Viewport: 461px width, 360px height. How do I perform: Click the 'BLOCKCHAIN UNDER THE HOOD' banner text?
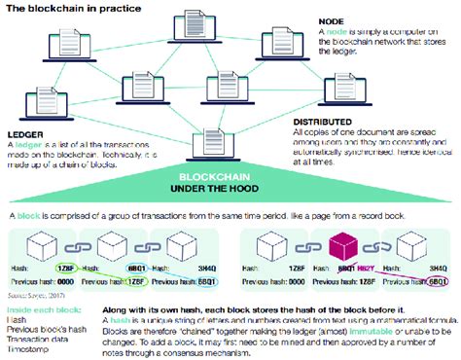231,183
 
